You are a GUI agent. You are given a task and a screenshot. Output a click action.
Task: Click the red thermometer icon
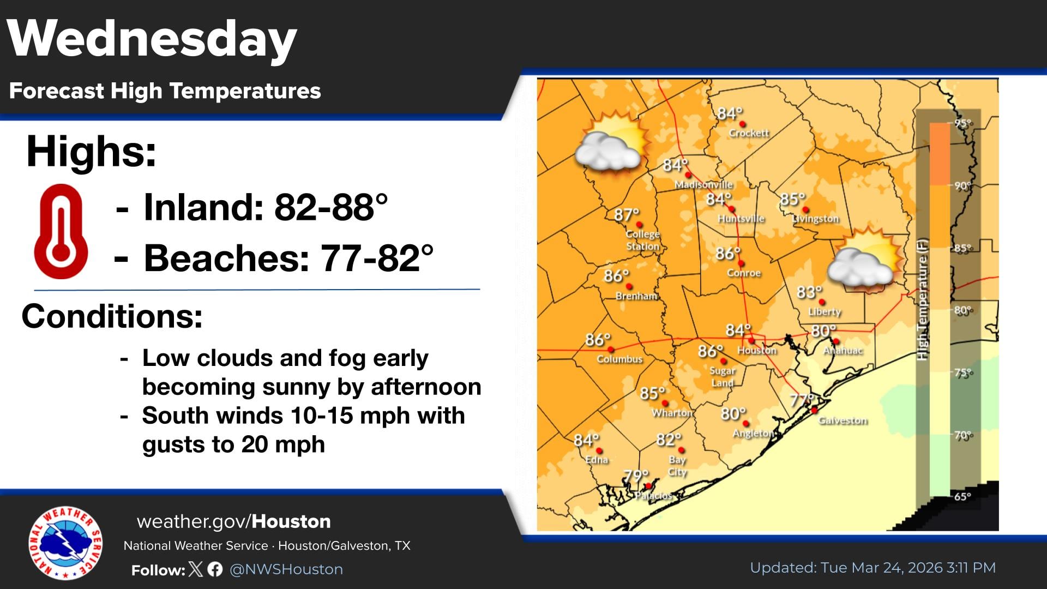(61, 231)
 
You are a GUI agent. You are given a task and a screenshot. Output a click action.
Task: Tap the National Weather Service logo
(65, 543)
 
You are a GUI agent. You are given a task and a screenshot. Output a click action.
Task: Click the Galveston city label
(843, 420)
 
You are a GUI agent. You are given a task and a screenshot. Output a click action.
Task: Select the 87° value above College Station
(625, 215)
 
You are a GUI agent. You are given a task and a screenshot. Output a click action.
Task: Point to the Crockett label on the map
(749, 133)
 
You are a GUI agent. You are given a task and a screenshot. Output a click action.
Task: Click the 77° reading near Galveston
(801, 400)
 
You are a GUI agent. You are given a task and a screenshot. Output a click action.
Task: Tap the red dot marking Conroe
(741, 263)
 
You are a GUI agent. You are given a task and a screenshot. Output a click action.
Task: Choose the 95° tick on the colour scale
(963, 123)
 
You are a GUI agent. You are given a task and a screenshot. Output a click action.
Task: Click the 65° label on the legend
(962, 496)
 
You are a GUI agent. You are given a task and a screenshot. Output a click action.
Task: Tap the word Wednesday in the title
(152, 39)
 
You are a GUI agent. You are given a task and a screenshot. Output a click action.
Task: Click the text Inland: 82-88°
(265, 208)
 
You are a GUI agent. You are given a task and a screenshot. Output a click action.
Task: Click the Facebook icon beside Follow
(215, 569)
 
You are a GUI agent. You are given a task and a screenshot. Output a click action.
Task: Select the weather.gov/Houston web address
(233, 521)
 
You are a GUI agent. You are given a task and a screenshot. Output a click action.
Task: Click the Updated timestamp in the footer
(872, 568)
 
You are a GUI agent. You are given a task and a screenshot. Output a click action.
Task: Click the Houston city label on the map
(757, 351)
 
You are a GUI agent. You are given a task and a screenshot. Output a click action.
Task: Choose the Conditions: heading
(112, 316)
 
